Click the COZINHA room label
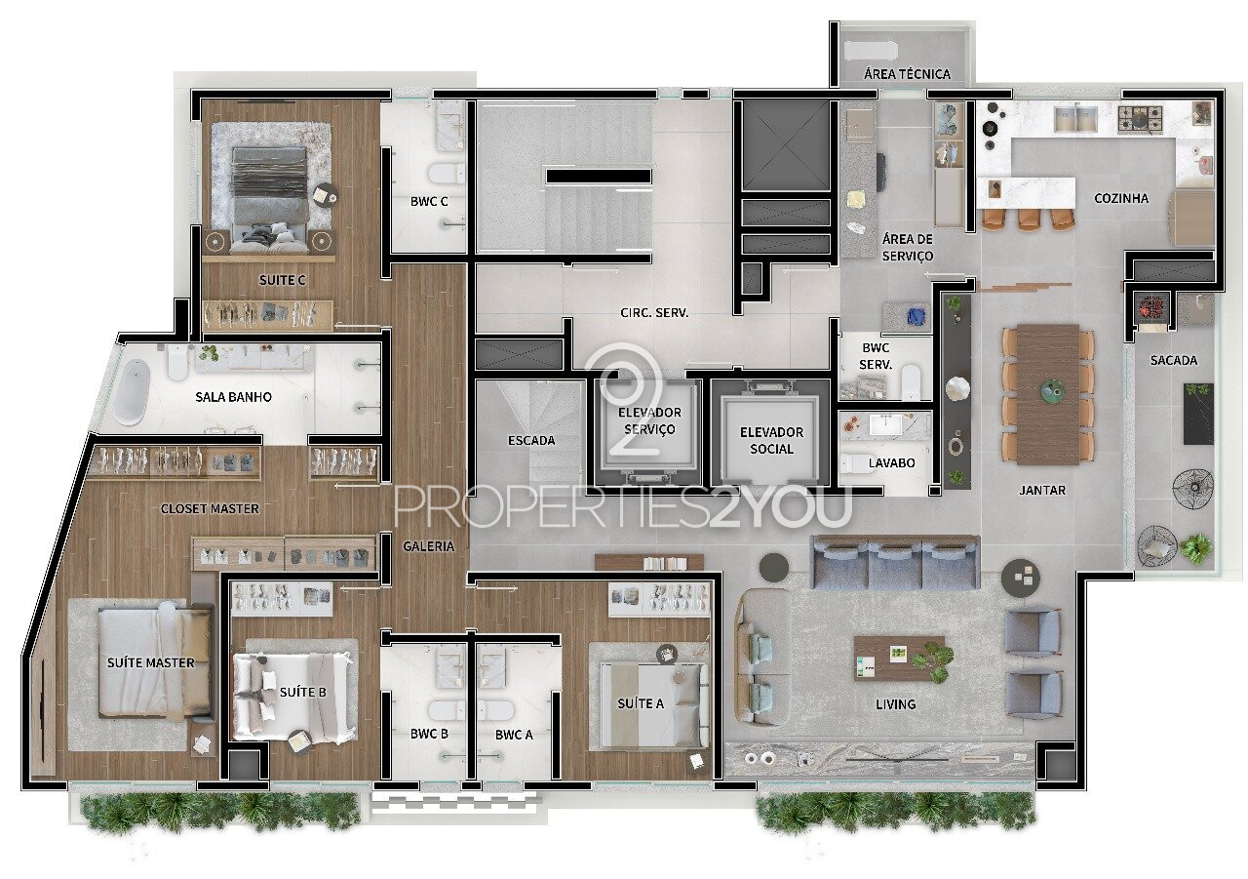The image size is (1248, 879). click(1121, 198)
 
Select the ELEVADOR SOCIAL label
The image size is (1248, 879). click(771, 440)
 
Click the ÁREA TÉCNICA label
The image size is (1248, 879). click(907, 73)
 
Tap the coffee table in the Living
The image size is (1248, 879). click(899, 658)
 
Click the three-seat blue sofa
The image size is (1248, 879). click(895, 562)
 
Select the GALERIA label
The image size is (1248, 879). click(428, 546)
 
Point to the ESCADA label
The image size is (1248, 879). click(531, 440)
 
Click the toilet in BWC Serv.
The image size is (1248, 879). click(912, 381)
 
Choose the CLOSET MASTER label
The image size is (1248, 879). click(210, 508)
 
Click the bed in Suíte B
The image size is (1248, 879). click(293, 697)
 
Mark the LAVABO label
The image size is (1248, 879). click(891, 462)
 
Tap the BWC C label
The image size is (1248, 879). click(429, 201)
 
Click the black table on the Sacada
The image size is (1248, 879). click(1198, 414)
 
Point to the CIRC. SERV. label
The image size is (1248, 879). click(654, 313)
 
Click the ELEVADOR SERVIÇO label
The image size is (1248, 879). click(649, 420)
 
